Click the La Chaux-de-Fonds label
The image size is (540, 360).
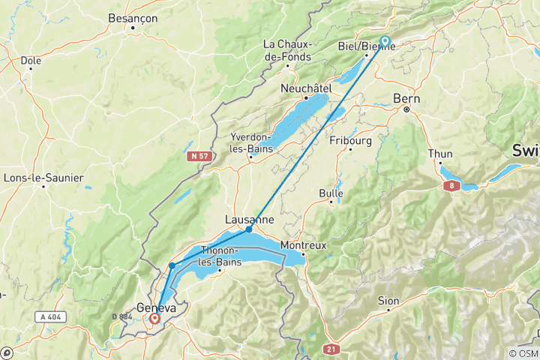coord(287,50)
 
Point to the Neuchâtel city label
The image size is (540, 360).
coord(306,88)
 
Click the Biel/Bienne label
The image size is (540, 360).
coord(367,44)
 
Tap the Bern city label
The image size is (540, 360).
coord(407,98)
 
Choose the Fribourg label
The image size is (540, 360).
coord(350,139)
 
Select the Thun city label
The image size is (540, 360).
coord(440,154)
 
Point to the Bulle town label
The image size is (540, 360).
coord(331,193)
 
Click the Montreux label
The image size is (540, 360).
coord(303,245)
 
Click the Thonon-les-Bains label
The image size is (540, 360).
coord(219,254)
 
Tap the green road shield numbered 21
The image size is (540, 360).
coord(331,349)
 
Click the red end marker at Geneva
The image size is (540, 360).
coord(154,318)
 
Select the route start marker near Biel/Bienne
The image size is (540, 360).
coord(385,41)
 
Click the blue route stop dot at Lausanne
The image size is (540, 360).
coord(249,229)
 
